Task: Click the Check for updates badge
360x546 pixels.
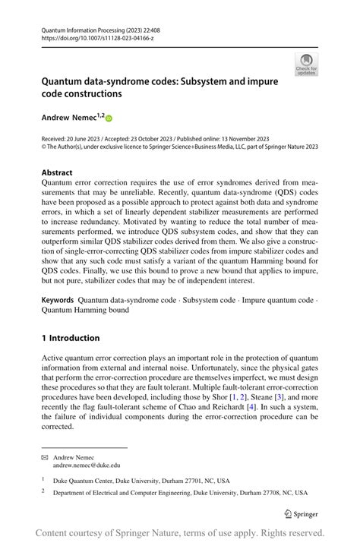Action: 306,64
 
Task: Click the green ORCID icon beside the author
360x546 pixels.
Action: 109,118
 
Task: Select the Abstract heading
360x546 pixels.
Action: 58,172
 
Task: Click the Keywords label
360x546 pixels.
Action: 60,301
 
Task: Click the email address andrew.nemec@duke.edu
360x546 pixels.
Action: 87,465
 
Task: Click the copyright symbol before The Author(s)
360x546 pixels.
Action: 45,147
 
